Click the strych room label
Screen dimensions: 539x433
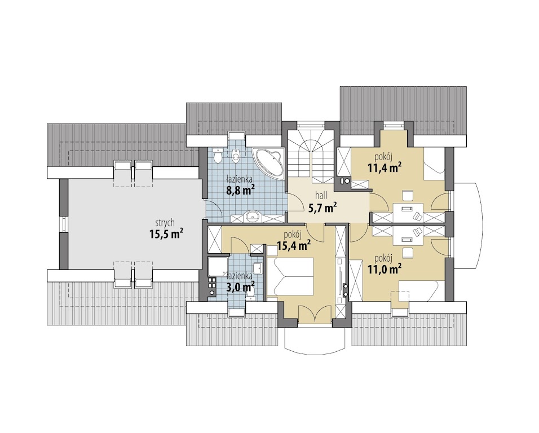tap(165, 223)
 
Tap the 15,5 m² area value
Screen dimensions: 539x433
tap(166, 234)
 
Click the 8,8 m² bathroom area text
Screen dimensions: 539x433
tap(240, 190)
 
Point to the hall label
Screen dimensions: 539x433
tap(321, 196)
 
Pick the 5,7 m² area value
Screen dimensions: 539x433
tap(322, 207)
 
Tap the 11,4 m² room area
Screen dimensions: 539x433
tap(385, 168)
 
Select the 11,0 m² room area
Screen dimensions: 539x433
tap(385, 269)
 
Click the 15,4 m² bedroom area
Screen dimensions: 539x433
tap(294, 245)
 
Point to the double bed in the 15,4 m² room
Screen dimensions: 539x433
tap(290, 277)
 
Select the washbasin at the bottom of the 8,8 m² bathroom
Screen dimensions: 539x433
tap(253, 216)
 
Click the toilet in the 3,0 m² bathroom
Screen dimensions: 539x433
tap(251, 293)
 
